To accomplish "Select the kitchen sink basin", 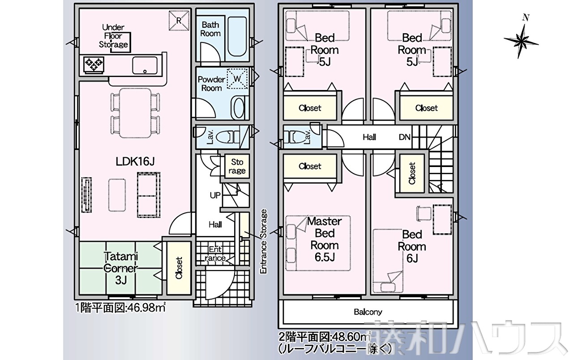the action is click(x=145, y=65).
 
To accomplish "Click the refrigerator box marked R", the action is click(x=179, y=21).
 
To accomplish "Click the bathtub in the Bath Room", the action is click(x=237, y=37).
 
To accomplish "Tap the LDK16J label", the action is click(x=135, y=162).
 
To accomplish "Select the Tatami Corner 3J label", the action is click(x=121, y=268).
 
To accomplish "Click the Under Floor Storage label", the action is click(x=113, y=36).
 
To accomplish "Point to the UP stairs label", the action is click(x=215, y=196).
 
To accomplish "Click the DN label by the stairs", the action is click(x=404, y=137).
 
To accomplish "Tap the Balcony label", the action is click(x=368, y=312).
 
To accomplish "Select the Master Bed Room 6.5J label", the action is click(x=325, y=239).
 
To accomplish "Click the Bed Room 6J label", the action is click(x=412, y=246).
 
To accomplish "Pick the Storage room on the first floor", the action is click(x=237, y=166).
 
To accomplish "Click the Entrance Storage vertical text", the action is click(x=264, y=241).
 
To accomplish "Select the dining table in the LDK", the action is click(x=135, y=113).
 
